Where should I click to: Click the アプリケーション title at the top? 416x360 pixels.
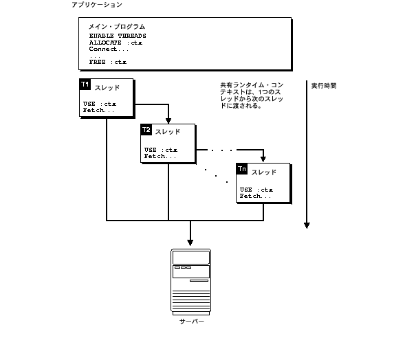(97, 5)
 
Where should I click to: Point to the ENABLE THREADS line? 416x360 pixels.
(118, 36)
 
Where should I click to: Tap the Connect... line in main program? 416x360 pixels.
(109, 49)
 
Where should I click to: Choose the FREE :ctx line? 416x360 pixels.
(108, 62)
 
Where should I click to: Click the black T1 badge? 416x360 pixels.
(85, 85)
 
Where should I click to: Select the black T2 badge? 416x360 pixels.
(146, 130)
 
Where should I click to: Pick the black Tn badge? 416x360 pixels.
(241, 168)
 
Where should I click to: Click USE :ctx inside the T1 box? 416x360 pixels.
(100, 104)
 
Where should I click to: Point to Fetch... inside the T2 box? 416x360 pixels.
(160, 156)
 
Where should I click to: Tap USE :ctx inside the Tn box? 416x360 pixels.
(256, 190)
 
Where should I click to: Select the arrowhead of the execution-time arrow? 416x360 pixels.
(307, 225)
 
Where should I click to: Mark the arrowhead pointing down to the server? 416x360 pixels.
(190, 242)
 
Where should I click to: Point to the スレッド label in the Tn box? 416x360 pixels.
(264, 172)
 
